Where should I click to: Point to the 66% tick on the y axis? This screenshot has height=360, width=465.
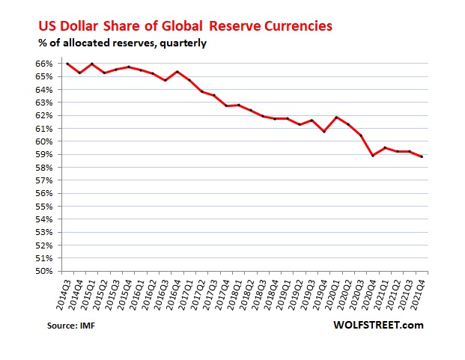click(47, 64)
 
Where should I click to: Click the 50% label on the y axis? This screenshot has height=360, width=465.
click(47, 271)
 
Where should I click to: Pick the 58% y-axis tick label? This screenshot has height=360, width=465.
click(47, 168)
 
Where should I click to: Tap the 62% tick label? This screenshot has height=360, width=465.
click(47, 115)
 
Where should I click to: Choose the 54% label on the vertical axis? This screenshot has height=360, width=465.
click(47, 219)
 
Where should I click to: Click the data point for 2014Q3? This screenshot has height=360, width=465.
click(67, 64)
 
